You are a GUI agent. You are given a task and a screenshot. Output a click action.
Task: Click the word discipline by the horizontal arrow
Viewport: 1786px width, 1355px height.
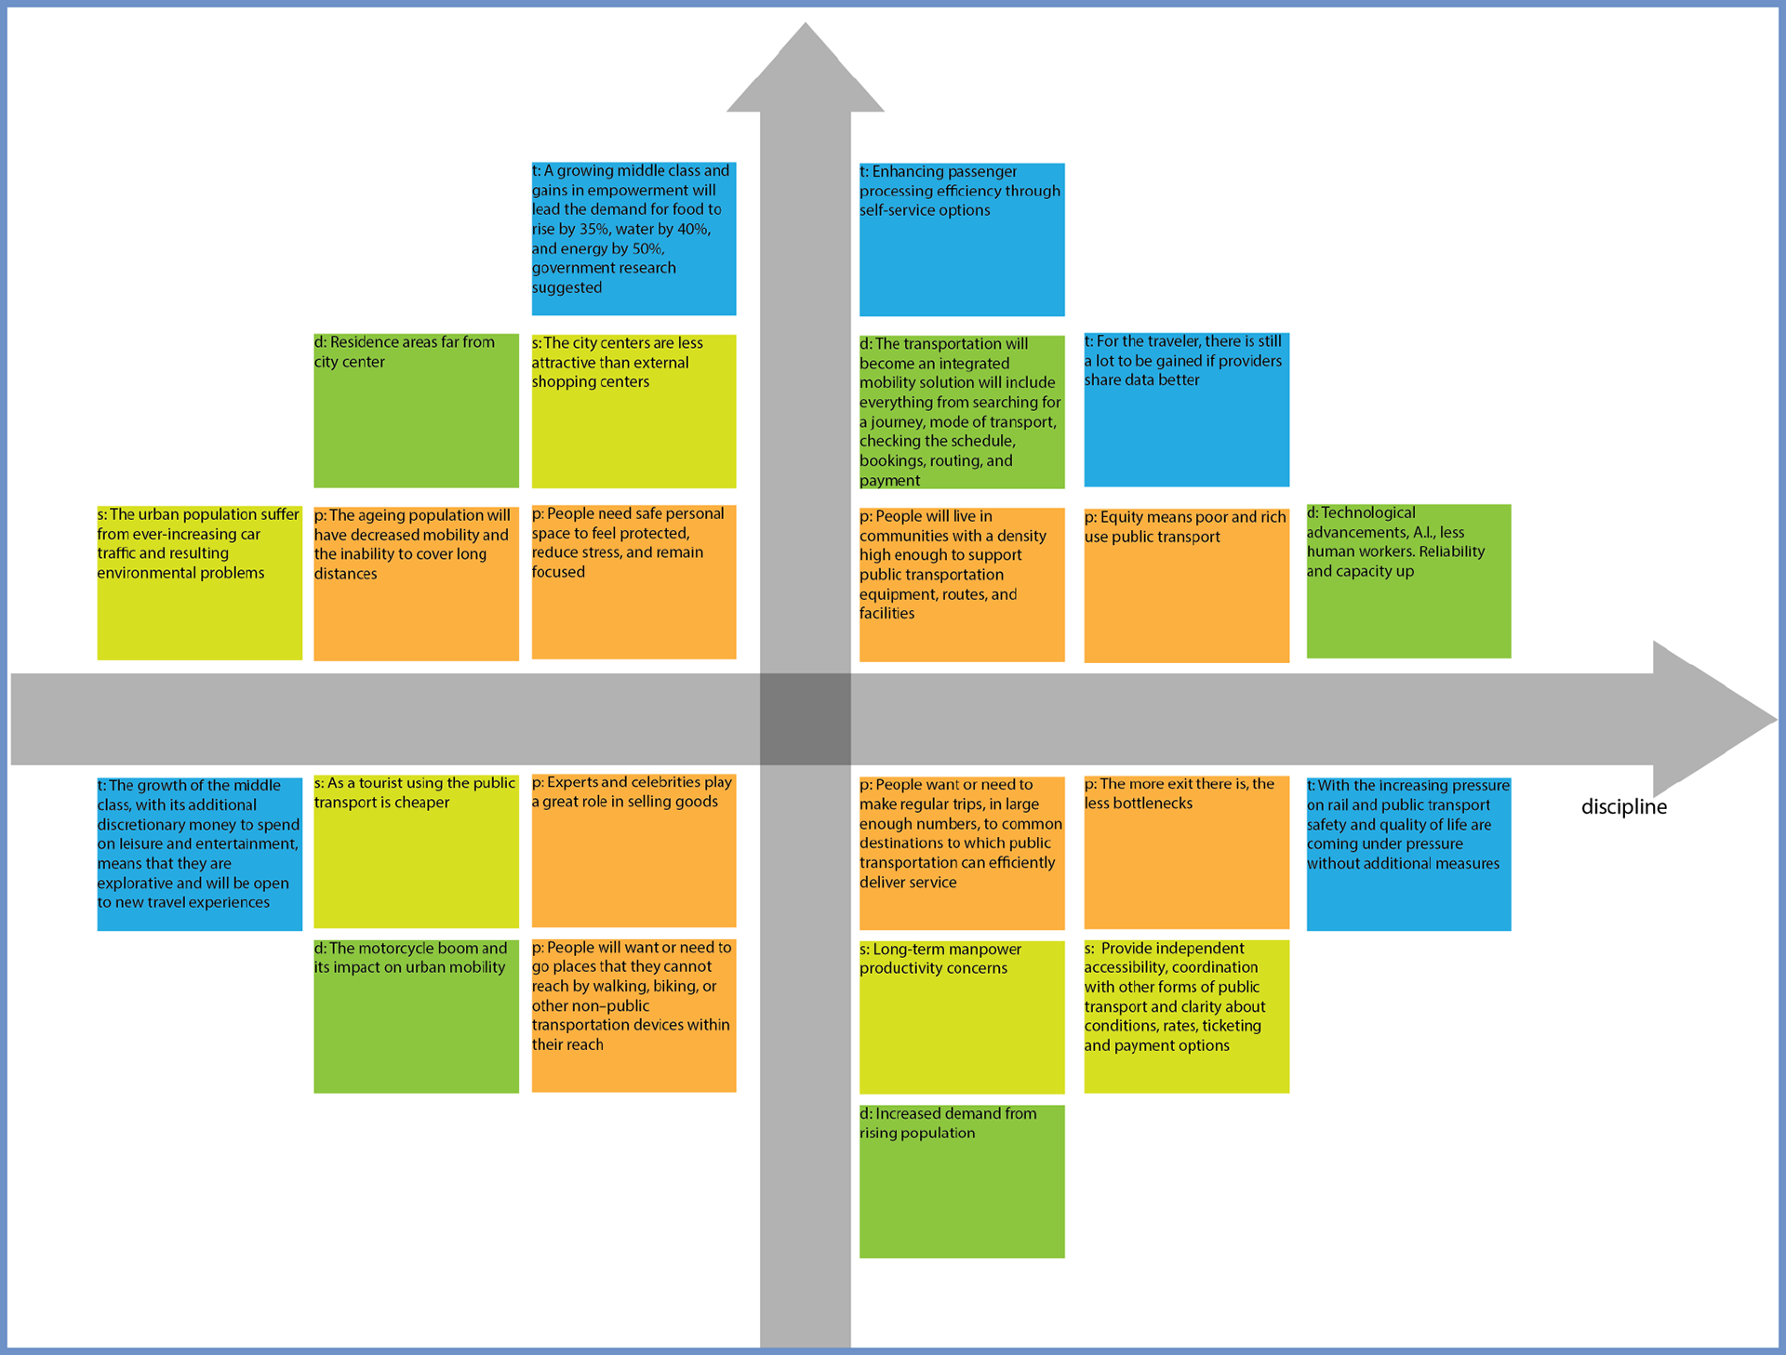(1623, 807)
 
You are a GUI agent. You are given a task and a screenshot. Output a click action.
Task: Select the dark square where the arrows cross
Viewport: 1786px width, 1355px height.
(805, 719)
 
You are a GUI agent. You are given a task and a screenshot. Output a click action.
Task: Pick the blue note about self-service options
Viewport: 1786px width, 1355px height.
(961, 239)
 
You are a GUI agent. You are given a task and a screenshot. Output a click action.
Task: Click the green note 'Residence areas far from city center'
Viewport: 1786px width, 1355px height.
(416, 410)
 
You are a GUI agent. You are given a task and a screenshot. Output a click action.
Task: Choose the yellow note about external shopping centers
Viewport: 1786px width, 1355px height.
(633, 410)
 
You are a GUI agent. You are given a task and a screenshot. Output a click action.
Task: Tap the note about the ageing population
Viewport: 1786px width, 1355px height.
(416, 583)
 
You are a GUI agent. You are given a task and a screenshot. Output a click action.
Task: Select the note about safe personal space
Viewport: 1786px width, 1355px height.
(633, 581)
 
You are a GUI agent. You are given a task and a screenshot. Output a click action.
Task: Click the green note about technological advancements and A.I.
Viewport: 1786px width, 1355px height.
(1408, 581)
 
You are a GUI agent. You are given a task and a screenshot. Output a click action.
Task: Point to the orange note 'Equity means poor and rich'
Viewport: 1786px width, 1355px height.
(1186, 585)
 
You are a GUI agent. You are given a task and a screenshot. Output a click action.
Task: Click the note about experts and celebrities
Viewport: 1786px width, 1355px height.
(633, 850)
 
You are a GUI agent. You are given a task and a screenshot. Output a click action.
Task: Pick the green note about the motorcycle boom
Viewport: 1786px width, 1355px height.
(416, 1016)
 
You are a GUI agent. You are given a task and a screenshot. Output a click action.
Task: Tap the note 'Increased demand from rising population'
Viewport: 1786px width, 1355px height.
(961, 1181)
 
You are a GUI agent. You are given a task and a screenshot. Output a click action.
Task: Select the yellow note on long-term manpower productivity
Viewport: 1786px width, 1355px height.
(961, 1016)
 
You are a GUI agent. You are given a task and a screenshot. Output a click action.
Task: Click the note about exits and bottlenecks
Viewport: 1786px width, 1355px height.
(1186, 852)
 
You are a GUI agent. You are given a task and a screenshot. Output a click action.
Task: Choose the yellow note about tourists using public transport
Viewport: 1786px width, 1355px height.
(416, 851)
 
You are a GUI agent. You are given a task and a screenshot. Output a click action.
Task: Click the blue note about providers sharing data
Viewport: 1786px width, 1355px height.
(1186, 409)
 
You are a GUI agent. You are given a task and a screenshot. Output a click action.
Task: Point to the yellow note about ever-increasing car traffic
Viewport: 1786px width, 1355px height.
(199, 582)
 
